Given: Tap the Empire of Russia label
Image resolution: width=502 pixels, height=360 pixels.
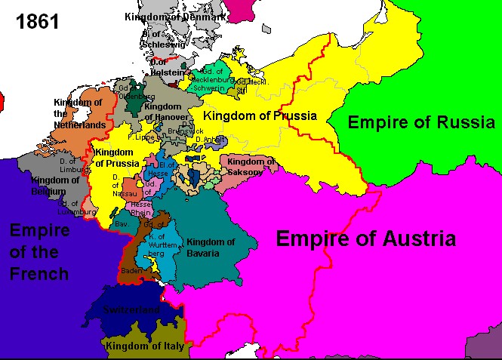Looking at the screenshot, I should click(x=421, y=122).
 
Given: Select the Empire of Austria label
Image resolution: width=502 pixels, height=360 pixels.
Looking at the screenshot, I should click(x=366, y=240).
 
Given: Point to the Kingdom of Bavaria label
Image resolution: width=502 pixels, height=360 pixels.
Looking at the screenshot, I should click(x=211, y=248).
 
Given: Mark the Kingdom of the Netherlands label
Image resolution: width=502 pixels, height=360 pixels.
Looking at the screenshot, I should click(x=80, y=113).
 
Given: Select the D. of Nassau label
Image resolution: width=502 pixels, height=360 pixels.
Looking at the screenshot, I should click(x=124, y=186).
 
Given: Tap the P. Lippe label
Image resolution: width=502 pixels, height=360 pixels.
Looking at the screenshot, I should click(x=140, y=137).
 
